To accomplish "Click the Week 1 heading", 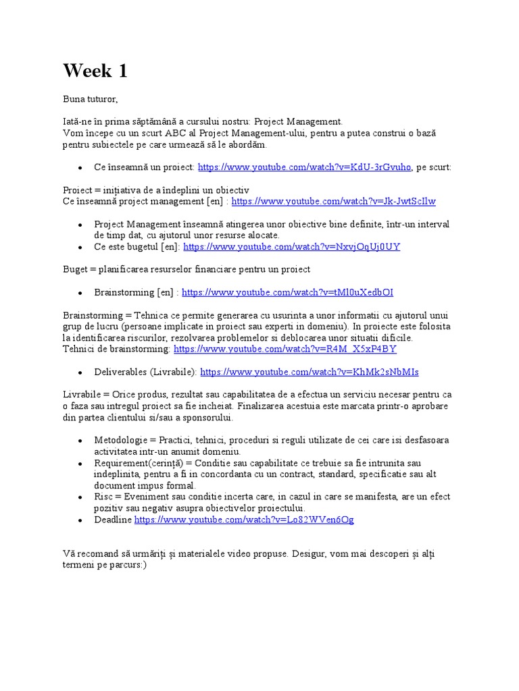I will coord(95,71).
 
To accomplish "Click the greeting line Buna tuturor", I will coord(91,99).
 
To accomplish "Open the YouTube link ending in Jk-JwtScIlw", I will coord(333,201).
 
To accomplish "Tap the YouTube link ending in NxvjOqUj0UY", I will coord(291,247).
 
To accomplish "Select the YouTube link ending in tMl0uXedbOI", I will coord(287,292).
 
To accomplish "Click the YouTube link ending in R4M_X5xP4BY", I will coord(285,349).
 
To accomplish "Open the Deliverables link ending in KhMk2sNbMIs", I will coord(310,372).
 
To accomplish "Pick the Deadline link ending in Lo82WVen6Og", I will coord(244,520).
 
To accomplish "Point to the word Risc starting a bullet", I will coord(105,497).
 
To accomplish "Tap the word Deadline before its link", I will coord(113,520).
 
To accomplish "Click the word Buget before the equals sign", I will coord(76,269).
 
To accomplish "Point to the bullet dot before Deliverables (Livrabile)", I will coord(80,372).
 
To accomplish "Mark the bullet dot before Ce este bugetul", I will coord(80,248).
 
